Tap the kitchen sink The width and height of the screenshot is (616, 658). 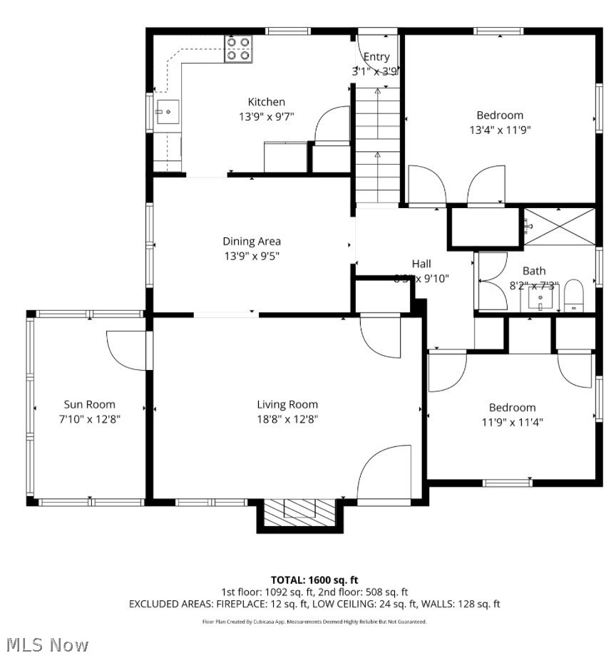pos(168,112)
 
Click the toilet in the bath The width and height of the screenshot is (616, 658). pos(574,296)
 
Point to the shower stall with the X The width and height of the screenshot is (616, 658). pos(560,227)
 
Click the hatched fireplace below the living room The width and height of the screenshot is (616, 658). pos(299,512)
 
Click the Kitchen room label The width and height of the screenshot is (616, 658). pos(266,102)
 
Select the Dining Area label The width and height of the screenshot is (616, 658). pos(252,241)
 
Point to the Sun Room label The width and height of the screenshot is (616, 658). pos(89,404)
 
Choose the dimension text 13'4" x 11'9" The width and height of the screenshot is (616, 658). pos(500,130)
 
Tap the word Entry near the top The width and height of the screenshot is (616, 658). pos(376,57)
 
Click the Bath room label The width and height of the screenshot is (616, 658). pos(534,271)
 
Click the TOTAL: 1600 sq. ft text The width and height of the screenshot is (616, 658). pos(314,580)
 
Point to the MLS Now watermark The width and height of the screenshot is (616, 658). pos(45,645)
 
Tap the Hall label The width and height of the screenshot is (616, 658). pos(421,264)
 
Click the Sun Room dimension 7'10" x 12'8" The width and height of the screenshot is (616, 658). pos(89,420)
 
